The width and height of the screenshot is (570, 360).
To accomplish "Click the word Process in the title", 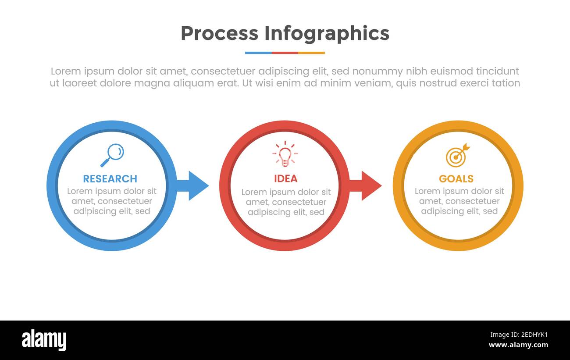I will [219, 33].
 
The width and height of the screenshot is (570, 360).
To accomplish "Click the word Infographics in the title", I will [327, 33].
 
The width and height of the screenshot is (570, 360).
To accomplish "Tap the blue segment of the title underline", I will [258, 53].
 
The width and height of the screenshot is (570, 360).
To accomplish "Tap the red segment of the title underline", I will [285, 53].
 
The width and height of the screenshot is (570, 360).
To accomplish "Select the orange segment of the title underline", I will [311, 53].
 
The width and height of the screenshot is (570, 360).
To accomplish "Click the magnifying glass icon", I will [112, 155].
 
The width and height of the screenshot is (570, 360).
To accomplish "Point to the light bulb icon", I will [285, 154].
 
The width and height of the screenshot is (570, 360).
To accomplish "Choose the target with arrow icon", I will [457, 155].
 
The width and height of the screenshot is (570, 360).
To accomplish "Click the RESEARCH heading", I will [110, 179].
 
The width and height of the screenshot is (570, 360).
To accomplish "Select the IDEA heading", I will [285, 179].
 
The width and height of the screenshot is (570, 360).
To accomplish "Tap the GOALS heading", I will [456, 179].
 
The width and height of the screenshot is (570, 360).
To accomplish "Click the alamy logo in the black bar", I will [44, 340].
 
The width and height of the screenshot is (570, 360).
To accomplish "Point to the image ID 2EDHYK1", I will [526, 335].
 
